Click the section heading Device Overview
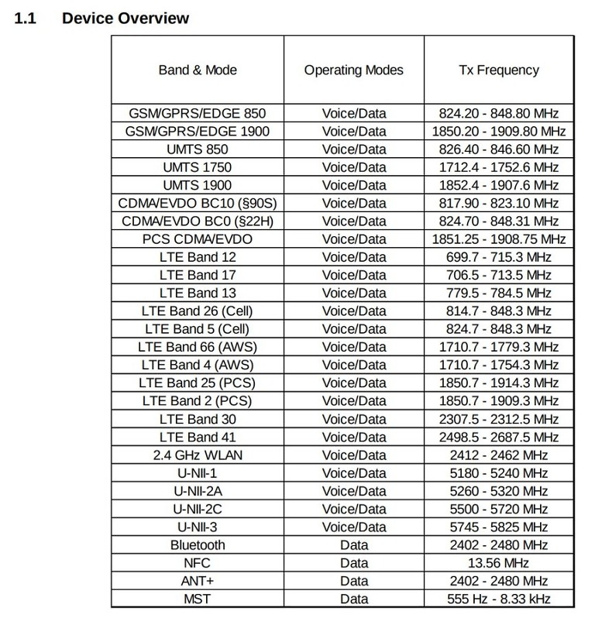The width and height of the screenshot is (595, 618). point(125,17)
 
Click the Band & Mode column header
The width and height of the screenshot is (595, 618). point(198,70)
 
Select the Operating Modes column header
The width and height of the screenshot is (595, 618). point(353,70)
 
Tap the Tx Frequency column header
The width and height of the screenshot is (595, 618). point(498,70)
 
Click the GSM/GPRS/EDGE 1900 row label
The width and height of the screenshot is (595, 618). point(198,132)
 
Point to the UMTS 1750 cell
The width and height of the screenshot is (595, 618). point(198,167)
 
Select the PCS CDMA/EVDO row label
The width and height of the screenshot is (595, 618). point(198,239)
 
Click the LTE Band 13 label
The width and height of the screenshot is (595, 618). point(198,294)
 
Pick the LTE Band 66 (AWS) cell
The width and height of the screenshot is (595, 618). point(198,347)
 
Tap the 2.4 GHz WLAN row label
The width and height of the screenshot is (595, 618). point(198,455)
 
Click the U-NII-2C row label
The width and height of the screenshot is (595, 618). point(198,509)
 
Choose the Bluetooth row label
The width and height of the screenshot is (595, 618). point(198,545)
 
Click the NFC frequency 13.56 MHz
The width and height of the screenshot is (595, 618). point(498,563)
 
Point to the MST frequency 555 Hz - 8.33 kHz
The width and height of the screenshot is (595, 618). point(498,599)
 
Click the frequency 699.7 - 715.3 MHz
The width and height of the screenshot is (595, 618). point(498,257)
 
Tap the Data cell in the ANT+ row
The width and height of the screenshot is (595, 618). point(353,581)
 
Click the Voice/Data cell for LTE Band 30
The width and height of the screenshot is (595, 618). point(353,419)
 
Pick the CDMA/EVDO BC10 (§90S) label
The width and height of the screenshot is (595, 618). point(198,204)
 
